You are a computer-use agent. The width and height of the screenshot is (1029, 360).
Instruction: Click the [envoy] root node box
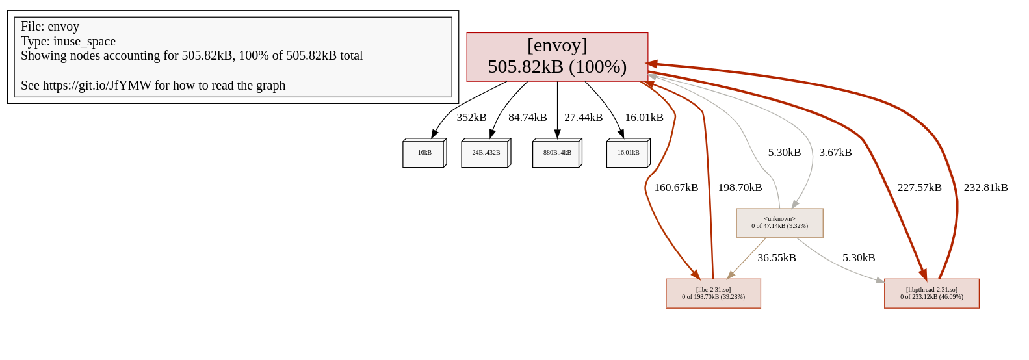[557, 57]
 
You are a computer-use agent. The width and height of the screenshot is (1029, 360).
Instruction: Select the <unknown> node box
[779, 223]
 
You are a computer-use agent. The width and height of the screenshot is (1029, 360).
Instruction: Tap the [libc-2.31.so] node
[713, 294]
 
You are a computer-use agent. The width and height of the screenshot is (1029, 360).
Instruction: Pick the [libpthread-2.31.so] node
[931, 294]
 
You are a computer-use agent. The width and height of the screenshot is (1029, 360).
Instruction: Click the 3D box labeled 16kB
[424, 153]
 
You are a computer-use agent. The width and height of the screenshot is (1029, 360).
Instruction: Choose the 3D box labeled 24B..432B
[486, 153]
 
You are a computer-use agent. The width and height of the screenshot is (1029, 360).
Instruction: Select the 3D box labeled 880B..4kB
[556, 153]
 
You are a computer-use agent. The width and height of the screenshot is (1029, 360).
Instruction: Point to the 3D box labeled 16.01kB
[628, 153]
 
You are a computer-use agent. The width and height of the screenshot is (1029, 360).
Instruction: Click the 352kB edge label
[471, 118]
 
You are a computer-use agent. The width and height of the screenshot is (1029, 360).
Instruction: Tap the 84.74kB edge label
[527, 118]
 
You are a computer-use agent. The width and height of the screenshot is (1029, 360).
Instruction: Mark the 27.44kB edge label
[583, 118]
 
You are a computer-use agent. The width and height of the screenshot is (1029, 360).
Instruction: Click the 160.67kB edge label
[676, 188]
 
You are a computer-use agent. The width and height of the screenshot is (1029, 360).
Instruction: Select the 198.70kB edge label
[740, 188]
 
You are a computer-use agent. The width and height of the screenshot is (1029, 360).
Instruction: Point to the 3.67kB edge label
[835, 153]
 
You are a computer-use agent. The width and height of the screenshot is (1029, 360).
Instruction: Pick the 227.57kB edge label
[919, 188]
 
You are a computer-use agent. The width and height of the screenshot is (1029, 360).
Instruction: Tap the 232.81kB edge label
[985, 188]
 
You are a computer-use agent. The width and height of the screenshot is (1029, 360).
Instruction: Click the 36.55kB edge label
[776, 258]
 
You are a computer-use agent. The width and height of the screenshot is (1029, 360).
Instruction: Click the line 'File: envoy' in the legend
[50, 27]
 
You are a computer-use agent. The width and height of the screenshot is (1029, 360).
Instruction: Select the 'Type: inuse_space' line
[68, 42]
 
